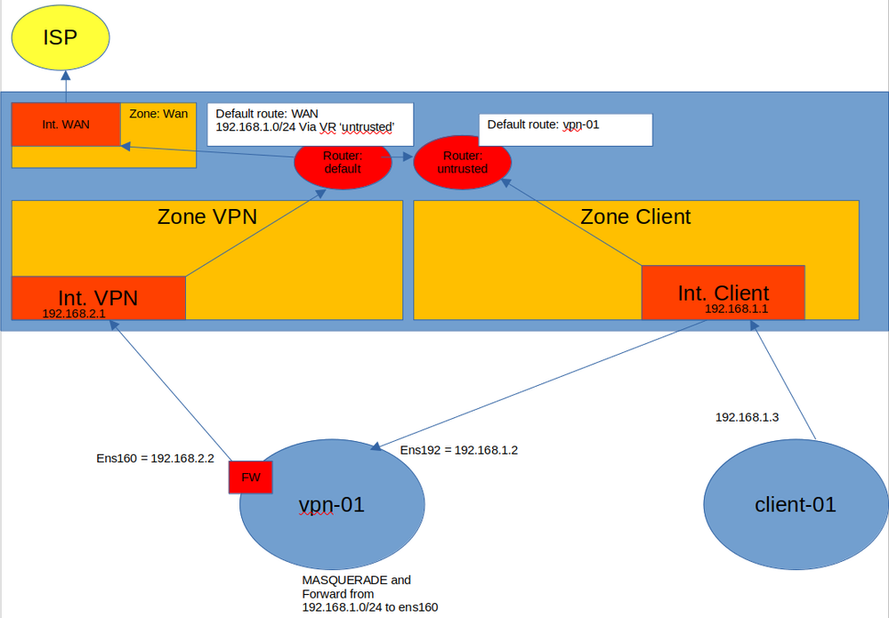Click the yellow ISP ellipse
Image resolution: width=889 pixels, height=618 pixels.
(61, 39)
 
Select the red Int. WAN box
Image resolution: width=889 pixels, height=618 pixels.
(66, 124)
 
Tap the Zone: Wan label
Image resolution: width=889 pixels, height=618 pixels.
(158, 115)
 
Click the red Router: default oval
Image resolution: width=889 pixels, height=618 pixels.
(343, 162)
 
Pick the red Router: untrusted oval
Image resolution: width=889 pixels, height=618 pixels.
(463, 162)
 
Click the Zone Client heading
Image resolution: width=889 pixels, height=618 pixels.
(635, 216)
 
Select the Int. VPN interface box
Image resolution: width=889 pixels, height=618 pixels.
(98, 297)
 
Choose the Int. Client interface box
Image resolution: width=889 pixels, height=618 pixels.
(723, 292)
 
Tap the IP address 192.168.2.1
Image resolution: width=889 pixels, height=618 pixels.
(74, 313)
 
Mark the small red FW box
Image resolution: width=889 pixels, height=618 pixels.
(251, 477)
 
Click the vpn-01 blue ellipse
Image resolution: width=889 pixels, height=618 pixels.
(331, 505)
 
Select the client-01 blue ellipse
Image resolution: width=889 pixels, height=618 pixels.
(795, 505)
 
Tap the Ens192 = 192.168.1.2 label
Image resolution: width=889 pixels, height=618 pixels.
(458, 450)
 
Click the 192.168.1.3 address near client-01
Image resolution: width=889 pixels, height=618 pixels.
(748, 416)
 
